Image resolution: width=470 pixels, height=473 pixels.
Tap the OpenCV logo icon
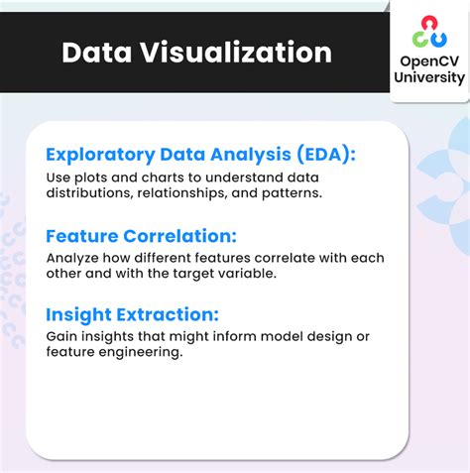429,31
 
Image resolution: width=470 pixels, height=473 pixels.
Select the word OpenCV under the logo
429,60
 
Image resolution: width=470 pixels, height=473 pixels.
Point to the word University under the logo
429,77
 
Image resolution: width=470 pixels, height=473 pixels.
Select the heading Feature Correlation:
142,235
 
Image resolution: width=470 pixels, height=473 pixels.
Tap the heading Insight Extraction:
132,314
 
